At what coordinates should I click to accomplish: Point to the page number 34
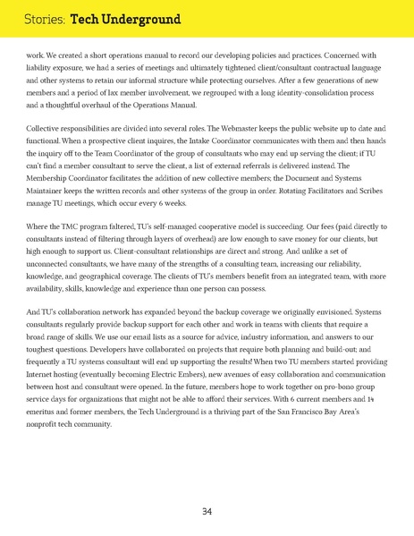[x=207, y=511]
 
